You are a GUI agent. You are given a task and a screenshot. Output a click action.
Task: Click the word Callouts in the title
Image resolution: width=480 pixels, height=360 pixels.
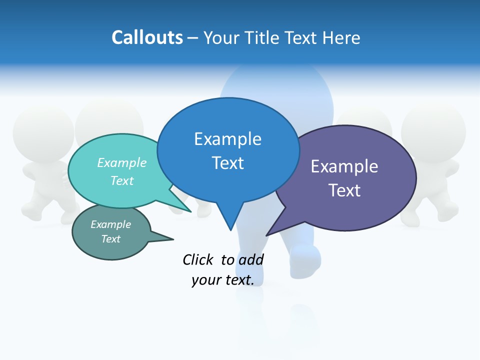[x=147, y=38]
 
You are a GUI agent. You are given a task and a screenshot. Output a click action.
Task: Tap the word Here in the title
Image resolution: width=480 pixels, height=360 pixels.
[x=341, y=38]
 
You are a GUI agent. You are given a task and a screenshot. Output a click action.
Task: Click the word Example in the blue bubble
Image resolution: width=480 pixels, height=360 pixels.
[x=227, y=139]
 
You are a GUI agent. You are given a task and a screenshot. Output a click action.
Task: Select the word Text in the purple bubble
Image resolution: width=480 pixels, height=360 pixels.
[x=344, y=190]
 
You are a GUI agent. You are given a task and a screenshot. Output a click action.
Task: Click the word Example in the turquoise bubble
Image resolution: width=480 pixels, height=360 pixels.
[x=122, y=163]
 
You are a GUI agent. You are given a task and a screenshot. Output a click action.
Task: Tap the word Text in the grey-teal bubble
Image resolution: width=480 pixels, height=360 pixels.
[x=110, y=239]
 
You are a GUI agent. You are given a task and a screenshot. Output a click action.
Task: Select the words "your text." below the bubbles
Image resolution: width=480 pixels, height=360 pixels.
[x=222, y=280]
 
